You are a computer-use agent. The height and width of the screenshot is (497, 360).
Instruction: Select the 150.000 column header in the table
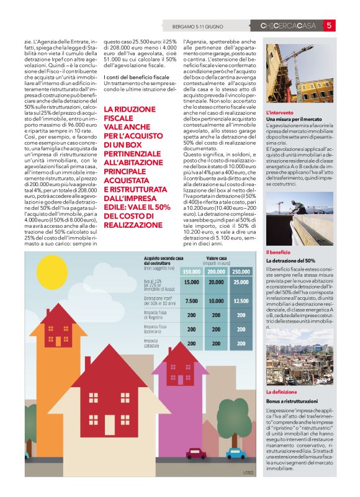click(191, 271)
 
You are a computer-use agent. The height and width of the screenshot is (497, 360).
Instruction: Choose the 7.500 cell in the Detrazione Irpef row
click(191, 301)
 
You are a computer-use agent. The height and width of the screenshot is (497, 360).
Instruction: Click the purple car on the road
click(196, 453)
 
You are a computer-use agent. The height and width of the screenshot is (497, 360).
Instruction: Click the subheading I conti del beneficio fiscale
click(136, 76)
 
